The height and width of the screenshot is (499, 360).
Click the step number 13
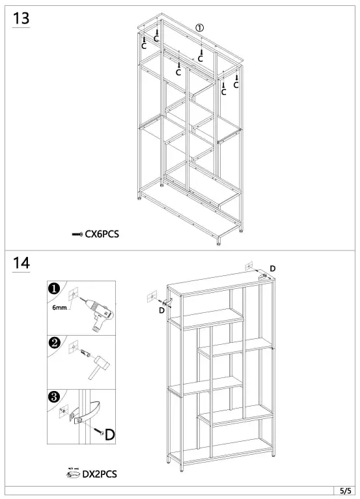(21, 19)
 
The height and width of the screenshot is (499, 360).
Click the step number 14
(21, 263)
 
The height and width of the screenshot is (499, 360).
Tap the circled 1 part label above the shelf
(200, 27)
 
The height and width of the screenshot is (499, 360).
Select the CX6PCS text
(102, 234)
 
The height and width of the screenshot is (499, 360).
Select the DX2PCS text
(100, 474)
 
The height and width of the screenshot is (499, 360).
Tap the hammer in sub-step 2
(100, 368)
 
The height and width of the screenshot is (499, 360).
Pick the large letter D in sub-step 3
(109, 433)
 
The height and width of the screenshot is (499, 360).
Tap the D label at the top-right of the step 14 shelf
(272, 269)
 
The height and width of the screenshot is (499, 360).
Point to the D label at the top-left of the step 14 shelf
(161, 310)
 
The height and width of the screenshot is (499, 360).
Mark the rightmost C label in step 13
(236, 85)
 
